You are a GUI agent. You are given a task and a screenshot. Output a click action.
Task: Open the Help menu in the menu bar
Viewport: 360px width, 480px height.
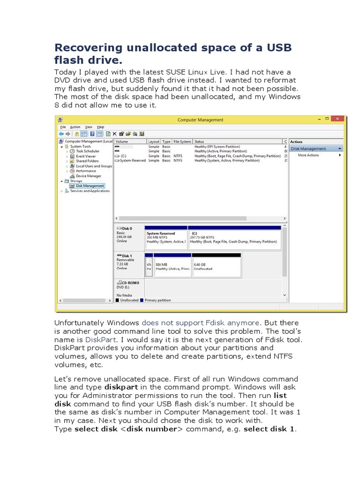pos(100,127)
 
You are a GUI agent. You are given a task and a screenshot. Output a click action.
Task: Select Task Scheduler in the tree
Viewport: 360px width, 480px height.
pos(87,151)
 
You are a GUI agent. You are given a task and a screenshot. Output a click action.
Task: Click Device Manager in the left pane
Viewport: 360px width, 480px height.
pos(88,176)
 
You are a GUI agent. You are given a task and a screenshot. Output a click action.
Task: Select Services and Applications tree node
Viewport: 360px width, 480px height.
pos(90,191)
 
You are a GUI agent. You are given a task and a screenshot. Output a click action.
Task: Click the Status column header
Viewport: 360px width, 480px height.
pos(200,142)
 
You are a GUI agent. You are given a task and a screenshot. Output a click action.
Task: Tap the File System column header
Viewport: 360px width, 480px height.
pos(182,142)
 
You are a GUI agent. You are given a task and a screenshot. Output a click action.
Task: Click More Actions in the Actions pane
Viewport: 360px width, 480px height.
pos(308,155)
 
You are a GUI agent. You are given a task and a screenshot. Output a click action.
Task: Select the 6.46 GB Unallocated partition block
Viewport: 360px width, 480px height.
pos(217,266)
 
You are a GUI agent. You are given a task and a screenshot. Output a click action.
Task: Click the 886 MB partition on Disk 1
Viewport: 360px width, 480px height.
pos(172,266)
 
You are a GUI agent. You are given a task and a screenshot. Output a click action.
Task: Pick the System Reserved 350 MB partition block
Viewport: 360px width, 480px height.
pos(165,238)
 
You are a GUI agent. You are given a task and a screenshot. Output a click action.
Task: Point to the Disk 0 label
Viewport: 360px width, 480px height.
pos(127,228)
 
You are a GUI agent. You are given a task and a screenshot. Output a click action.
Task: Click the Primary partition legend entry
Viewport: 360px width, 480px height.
pos(157,300)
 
